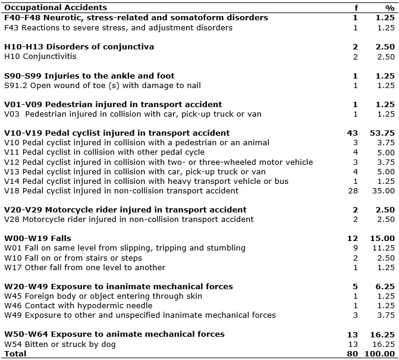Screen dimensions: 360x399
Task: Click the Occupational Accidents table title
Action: tap(55, 8)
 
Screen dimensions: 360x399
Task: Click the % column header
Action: tap(389, 8)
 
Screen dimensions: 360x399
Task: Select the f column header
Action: tap(356, 8)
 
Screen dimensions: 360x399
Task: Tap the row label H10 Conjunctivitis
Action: tap(40, 57)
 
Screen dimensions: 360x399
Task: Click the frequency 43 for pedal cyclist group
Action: tap(353, 133)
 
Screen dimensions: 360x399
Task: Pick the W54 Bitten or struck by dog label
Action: tap(61, 344)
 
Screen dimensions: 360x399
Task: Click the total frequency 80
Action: tap(353, 353)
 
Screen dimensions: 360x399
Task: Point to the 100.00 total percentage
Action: tap(381, 353)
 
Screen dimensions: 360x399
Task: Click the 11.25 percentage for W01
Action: tap(384, 248)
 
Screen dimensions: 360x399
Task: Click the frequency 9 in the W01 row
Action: tap(355, 248)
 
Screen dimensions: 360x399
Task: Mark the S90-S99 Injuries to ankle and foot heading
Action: tap(89, 76)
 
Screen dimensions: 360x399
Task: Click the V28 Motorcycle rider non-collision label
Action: tap(129, 220)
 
